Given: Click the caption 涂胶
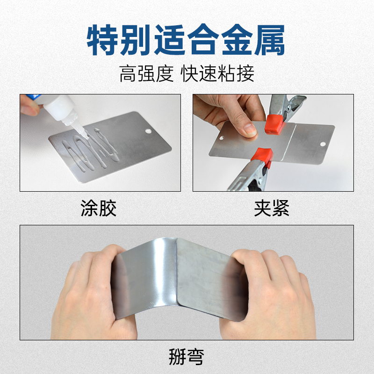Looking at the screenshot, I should point(99,209).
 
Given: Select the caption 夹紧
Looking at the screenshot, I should point(272,209).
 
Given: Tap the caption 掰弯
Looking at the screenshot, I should point(186,357).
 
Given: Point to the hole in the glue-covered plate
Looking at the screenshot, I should point(148,131).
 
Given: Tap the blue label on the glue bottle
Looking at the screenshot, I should point(33,98).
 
